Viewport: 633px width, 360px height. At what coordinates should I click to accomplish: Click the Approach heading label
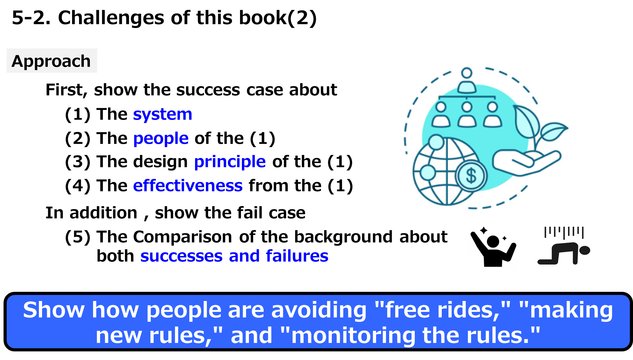tap(51, 61)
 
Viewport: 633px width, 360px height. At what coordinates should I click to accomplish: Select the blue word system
tap(163, 114)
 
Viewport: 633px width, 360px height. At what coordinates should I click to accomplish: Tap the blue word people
tap(161, 139)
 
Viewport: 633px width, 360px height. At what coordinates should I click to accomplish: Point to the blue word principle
tap(230, 162)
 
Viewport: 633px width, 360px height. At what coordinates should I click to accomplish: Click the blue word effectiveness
tap(188, 186)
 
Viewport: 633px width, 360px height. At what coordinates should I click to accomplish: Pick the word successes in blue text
tap(181, 256)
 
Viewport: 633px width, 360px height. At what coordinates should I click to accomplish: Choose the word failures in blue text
tap(297, 256)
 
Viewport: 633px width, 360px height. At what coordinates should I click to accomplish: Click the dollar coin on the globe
tap(471, 176)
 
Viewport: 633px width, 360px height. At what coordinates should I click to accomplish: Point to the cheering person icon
tap(492, 248)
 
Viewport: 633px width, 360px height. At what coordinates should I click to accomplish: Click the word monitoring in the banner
tap(353, 335)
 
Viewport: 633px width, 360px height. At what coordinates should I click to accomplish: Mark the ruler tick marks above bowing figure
tap(564, 232)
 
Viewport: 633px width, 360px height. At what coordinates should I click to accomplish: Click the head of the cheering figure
tap(493, 241)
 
